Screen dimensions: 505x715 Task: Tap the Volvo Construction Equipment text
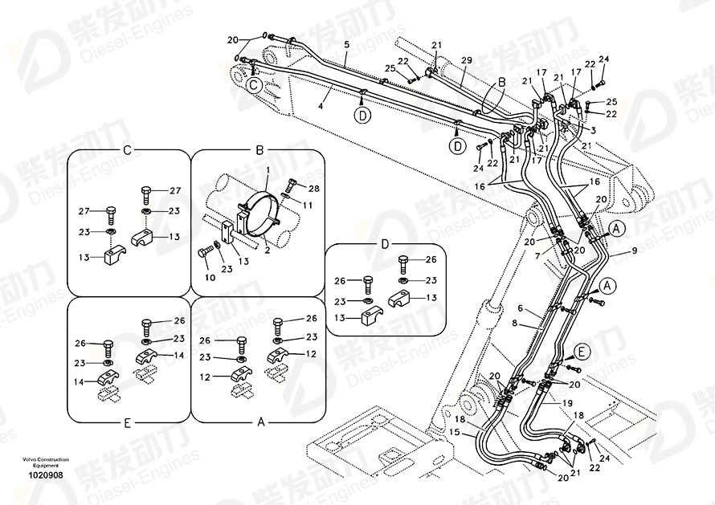pos(39,462)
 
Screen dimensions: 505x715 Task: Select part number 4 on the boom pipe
pos(320,105)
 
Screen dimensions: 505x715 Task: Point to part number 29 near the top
pos(465,61)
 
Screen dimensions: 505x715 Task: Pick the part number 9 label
pos(634,250)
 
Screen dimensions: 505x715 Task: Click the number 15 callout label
pos(455,433)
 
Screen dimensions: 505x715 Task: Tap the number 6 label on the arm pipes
pos(520,308)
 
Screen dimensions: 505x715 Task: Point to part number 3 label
pos(593,129)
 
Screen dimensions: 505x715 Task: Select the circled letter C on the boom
pos(252,83)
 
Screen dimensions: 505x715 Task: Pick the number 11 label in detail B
pos(306,206)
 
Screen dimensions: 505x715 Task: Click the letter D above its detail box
pos(384,243)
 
